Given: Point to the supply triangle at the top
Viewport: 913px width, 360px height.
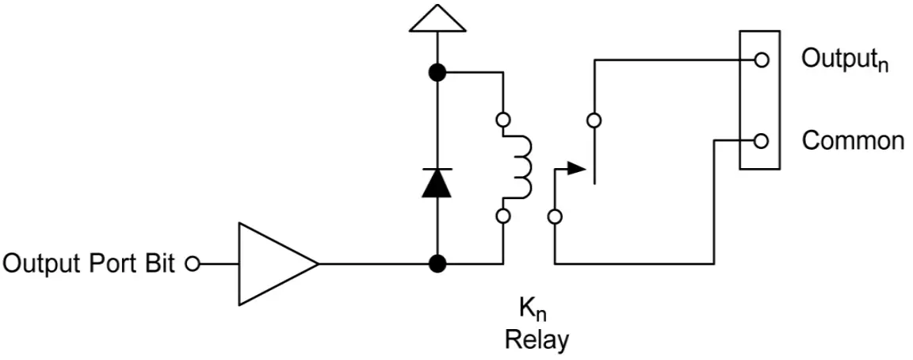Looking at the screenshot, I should click(435, 19).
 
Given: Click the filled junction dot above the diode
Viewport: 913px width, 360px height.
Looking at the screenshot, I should click(435, 73).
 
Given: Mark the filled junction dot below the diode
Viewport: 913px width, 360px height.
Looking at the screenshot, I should click(435, 263).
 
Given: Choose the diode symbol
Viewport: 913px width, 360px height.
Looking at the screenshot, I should click(435, 182).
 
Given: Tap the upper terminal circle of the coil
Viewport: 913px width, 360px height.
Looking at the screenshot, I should click(502, 121).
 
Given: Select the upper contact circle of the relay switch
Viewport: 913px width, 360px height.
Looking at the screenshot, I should click(594, 121).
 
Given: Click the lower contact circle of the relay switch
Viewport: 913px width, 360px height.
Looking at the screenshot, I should click(556, 216).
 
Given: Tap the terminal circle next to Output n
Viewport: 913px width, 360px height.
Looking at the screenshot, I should click(761, 59).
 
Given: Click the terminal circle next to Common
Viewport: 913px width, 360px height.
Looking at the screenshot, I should click(761, 141).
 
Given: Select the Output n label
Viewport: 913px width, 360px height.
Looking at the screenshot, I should click(845, 60).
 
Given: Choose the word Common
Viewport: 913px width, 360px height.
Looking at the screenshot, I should click(853, 141).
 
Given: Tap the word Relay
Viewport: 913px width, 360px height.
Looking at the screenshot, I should click(537, 341).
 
